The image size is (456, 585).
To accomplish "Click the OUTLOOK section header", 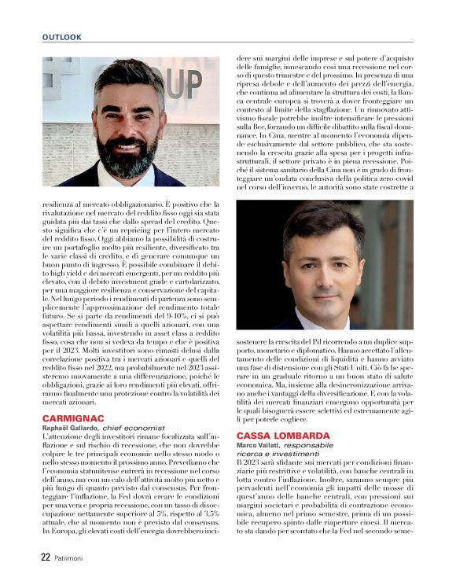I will click(x=62, y=37).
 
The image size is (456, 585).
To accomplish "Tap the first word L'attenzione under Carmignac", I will click(x=67, y=437).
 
